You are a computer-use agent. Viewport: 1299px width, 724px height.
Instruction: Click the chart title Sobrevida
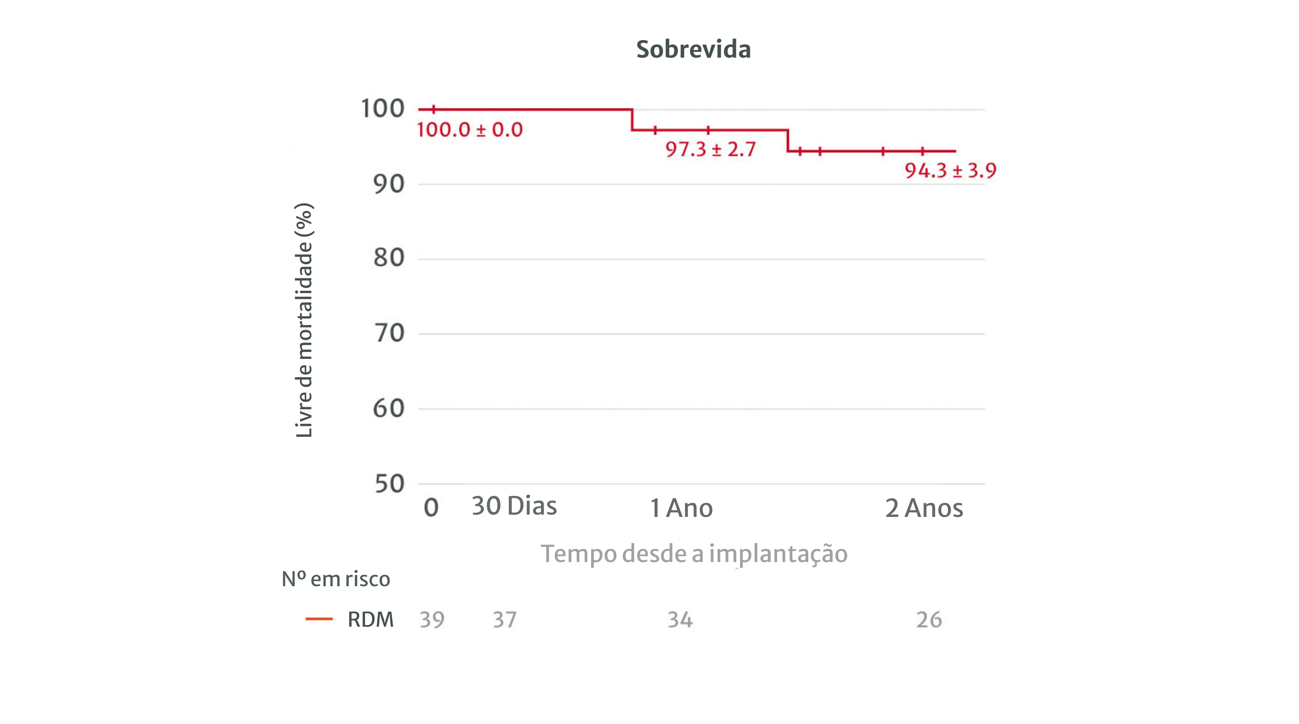pos(693,49)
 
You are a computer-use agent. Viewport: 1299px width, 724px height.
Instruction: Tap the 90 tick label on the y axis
pos(389,184)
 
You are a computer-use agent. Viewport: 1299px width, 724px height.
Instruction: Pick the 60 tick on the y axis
pos(389,408)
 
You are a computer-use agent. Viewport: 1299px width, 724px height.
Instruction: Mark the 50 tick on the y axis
pos(389,484)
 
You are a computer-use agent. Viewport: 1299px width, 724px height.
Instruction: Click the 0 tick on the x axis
pos(431,508)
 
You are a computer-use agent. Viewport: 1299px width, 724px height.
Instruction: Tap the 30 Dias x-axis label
pos(514,506)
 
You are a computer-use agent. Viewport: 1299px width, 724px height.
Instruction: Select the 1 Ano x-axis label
pos(681,508)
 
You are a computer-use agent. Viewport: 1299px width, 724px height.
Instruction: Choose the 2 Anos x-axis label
pos(924,508)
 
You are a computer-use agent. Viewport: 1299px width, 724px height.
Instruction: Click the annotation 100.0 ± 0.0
pos(469,130)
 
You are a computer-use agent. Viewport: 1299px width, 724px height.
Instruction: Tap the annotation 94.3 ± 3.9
pos(950,170)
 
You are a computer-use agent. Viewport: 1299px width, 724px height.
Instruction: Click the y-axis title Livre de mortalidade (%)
pos(304,320)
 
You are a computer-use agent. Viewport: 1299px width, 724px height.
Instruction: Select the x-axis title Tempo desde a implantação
pos(694,554)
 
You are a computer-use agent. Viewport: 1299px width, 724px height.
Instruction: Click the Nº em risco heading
pos(336,579)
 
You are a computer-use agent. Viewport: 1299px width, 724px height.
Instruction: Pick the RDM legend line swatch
pos(319,619)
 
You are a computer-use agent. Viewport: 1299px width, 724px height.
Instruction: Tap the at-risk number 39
pos(432,620)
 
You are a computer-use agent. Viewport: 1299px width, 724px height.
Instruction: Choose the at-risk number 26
pos(929,620)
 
